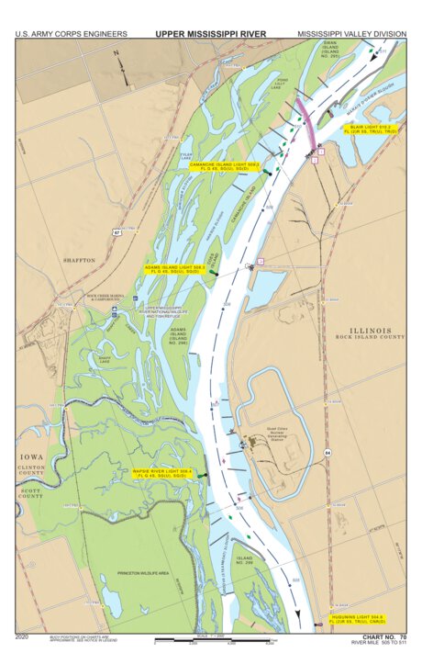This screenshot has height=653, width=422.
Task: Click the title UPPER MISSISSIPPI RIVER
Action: click(x=210, y=34)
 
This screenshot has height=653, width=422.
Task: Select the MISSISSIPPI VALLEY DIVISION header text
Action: click(x=351, y=34)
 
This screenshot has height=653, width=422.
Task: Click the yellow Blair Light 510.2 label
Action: click(x=370, y=129)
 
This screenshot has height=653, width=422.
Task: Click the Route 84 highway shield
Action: click(x=328, y=453)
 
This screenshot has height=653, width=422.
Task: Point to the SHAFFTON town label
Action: click(x=79, y=261)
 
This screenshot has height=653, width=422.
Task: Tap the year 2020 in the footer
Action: click(x=23, y=636)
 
